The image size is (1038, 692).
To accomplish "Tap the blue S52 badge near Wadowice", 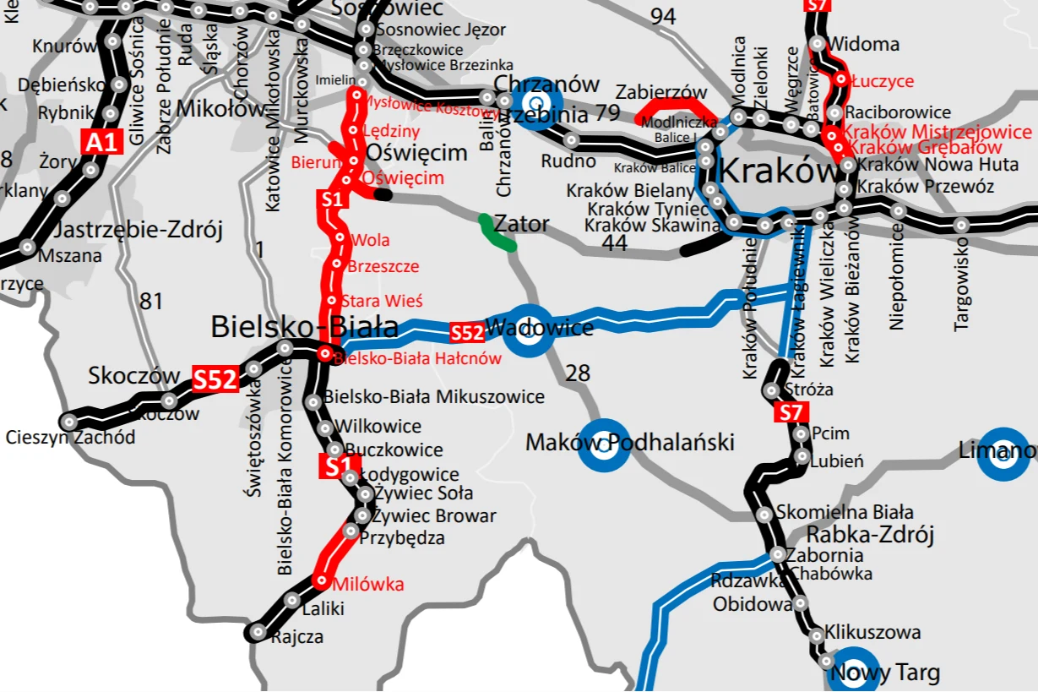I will (467, 332).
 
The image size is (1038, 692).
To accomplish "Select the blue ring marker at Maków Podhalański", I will (603, 444).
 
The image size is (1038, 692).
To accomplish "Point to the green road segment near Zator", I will (497, 234).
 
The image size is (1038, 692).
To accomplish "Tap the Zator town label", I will (521, 225).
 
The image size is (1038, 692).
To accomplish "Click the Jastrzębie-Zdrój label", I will (138, 230).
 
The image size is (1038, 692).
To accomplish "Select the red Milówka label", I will (368, 584).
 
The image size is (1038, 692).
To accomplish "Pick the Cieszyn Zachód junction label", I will (70, 438).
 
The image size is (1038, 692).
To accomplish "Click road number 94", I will (663, 16).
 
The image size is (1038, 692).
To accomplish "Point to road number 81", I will (151, 301).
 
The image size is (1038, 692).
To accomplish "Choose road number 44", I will (615, 243).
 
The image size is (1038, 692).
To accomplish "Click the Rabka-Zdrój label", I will (870, 535).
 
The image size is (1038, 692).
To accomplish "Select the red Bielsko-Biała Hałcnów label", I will (418, 358).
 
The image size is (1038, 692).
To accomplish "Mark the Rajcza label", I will (297, 637).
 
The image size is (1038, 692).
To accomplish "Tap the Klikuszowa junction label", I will (872, 632).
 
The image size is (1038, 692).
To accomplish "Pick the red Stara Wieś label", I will (382, 301).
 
